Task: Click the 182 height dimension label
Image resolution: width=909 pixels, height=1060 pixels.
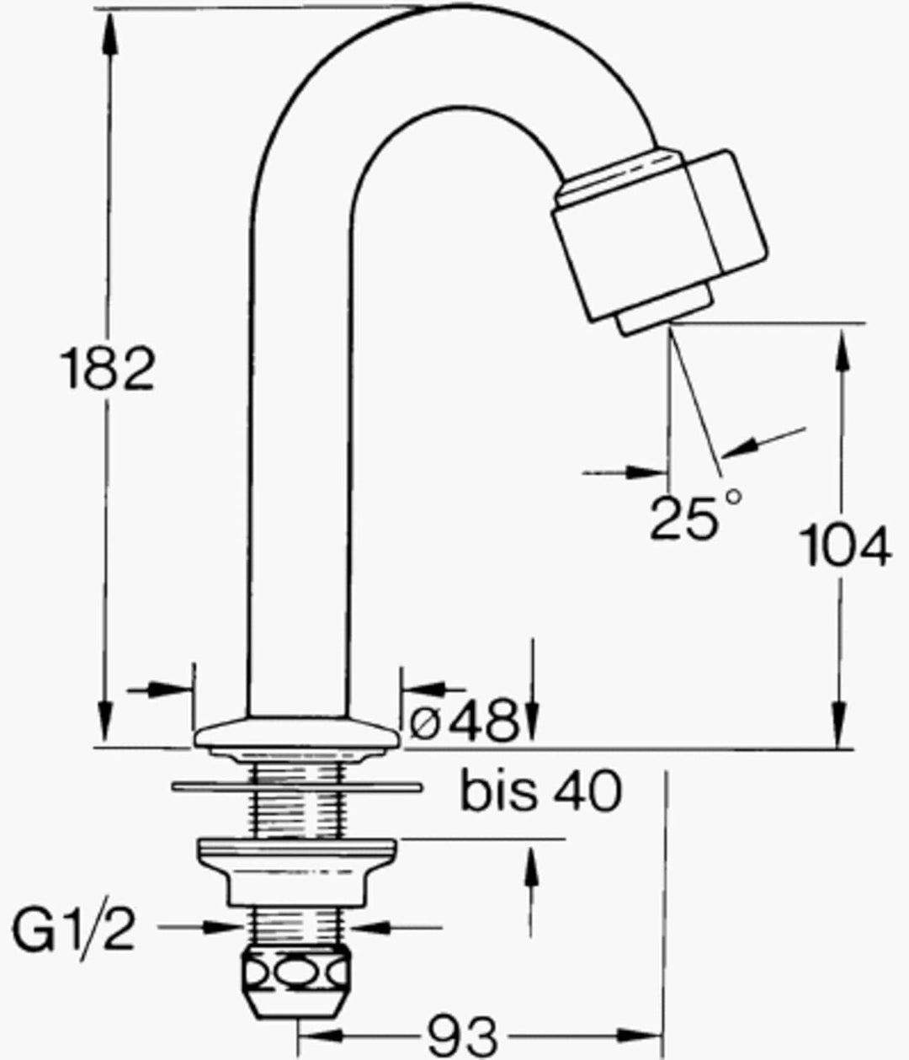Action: coord(108,369)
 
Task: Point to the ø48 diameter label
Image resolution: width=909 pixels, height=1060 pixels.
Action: coord(463,722)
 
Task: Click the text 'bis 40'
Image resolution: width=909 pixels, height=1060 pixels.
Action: coord(541,791)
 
